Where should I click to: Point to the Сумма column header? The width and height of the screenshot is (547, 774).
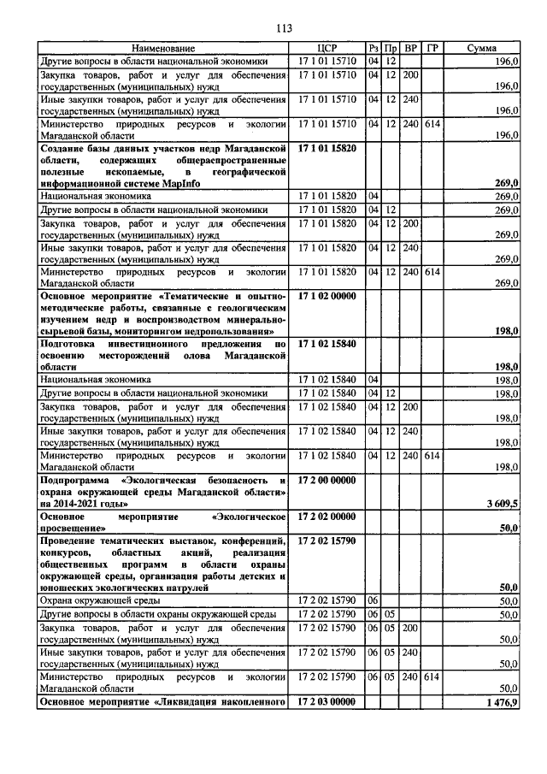tap(482, 49)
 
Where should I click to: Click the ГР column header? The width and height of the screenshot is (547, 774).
tap(432, 49)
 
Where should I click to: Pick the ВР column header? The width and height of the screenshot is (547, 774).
tap(410, 49)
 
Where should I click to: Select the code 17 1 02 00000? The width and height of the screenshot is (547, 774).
tap(328, 295)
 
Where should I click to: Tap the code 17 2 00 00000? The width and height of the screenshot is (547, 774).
tap(328, 482)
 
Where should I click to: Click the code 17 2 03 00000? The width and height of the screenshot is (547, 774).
tap(328, 701)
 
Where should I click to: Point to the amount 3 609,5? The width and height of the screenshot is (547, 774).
tap(501, 506)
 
